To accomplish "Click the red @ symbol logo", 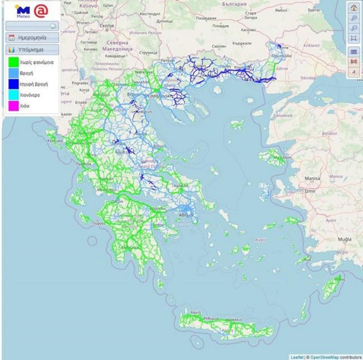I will click(x=41, y=10).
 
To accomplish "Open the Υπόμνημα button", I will click(x=32, y=49).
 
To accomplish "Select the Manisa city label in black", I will click(x=312, y=179).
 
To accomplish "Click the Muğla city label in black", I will click(x=345, y=240).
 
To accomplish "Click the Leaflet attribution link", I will click(x=297, y=357).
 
